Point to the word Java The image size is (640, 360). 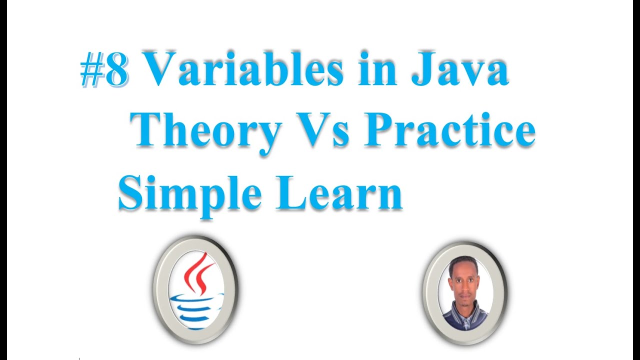click(459, 69)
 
